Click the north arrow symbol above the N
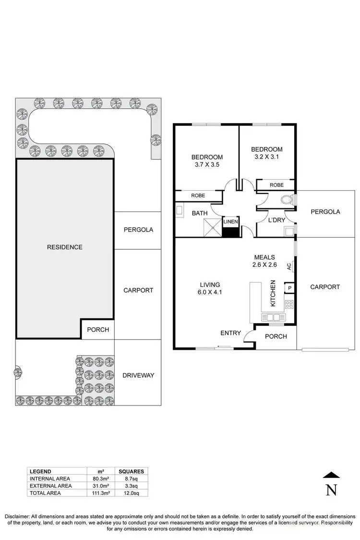coord(331,476)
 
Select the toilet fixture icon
coord(288,199)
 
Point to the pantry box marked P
coord(289,288)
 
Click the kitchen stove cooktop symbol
coord(289,304)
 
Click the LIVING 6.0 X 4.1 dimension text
coord(207,287)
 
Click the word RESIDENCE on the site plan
coord(64,247)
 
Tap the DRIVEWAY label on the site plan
coord(139,375)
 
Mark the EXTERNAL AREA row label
coord(50,486)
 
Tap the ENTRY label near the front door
coord(230,333)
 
